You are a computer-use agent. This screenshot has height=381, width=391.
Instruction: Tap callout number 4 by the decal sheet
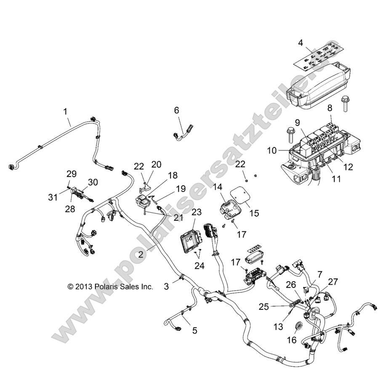[x=301, y=42]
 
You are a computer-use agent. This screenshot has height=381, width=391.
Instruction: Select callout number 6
[x=177, y=110]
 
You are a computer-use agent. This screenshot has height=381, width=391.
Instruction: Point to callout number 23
[x=196, y=212]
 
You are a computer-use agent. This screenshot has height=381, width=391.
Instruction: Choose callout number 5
[x=194, y=331]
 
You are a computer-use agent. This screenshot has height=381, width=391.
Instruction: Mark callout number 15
[x=254, y=214]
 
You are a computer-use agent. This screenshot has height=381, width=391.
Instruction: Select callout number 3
[x=167, y=287]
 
